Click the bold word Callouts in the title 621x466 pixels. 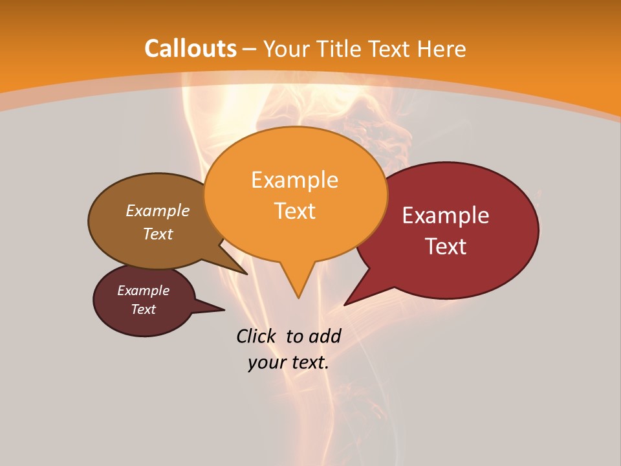tap(190, 49)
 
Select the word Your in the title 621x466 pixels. tap(285, 49)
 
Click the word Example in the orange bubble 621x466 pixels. tap(294, 180)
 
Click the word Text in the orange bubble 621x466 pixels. tap(294, 211)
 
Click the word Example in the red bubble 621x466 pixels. tap(446, 216)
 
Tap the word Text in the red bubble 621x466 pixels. tap(446, 247)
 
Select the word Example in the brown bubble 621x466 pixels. tap(158, 210)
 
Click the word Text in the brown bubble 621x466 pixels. tap(158, 234)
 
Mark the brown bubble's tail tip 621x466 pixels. tap(246, 274)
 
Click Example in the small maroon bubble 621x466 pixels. tap(143, 291)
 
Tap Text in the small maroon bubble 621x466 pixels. tap(143, 309)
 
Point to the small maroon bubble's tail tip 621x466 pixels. tap(224, 310)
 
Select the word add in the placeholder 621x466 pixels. tap(325, 336)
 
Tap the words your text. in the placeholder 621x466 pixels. tap(289, 362)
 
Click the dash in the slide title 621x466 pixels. tap(250, 49)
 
